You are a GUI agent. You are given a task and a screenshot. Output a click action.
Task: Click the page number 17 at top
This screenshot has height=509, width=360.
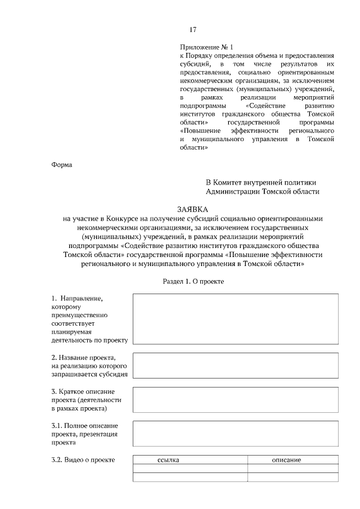[x=192, y=30]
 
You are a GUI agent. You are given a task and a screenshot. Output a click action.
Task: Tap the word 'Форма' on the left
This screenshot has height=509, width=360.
[x=62, y=165]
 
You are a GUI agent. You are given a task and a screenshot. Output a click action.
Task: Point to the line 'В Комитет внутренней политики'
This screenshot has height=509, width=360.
[x=261, y=182]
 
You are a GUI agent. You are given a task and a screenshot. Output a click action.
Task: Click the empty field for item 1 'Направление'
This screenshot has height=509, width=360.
[x=235, y=318]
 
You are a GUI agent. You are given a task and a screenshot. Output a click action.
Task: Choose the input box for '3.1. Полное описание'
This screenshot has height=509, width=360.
[x=235, y=433]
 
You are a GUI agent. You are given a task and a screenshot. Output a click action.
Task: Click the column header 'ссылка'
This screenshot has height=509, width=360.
[x=169, y=460]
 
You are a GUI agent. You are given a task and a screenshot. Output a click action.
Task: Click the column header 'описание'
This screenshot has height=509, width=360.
[x=286, y=460]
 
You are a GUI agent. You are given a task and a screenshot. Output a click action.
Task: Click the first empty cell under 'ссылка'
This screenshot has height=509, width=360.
[x=190, y=469]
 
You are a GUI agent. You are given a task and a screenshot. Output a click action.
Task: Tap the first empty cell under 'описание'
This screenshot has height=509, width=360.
[x=293, y=469]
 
